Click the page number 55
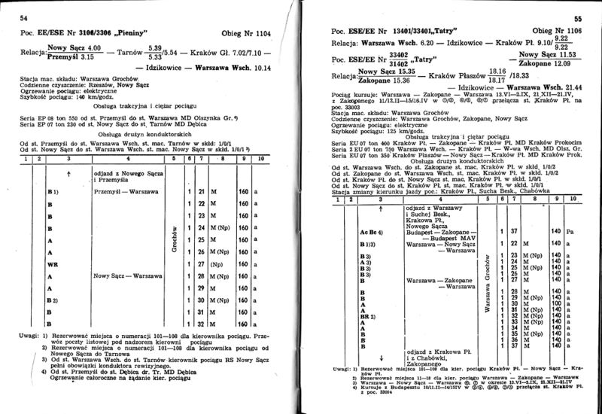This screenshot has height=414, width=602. [x=579, y=19]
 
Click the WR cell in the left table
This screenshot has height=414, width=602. [x=53, y=265]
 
